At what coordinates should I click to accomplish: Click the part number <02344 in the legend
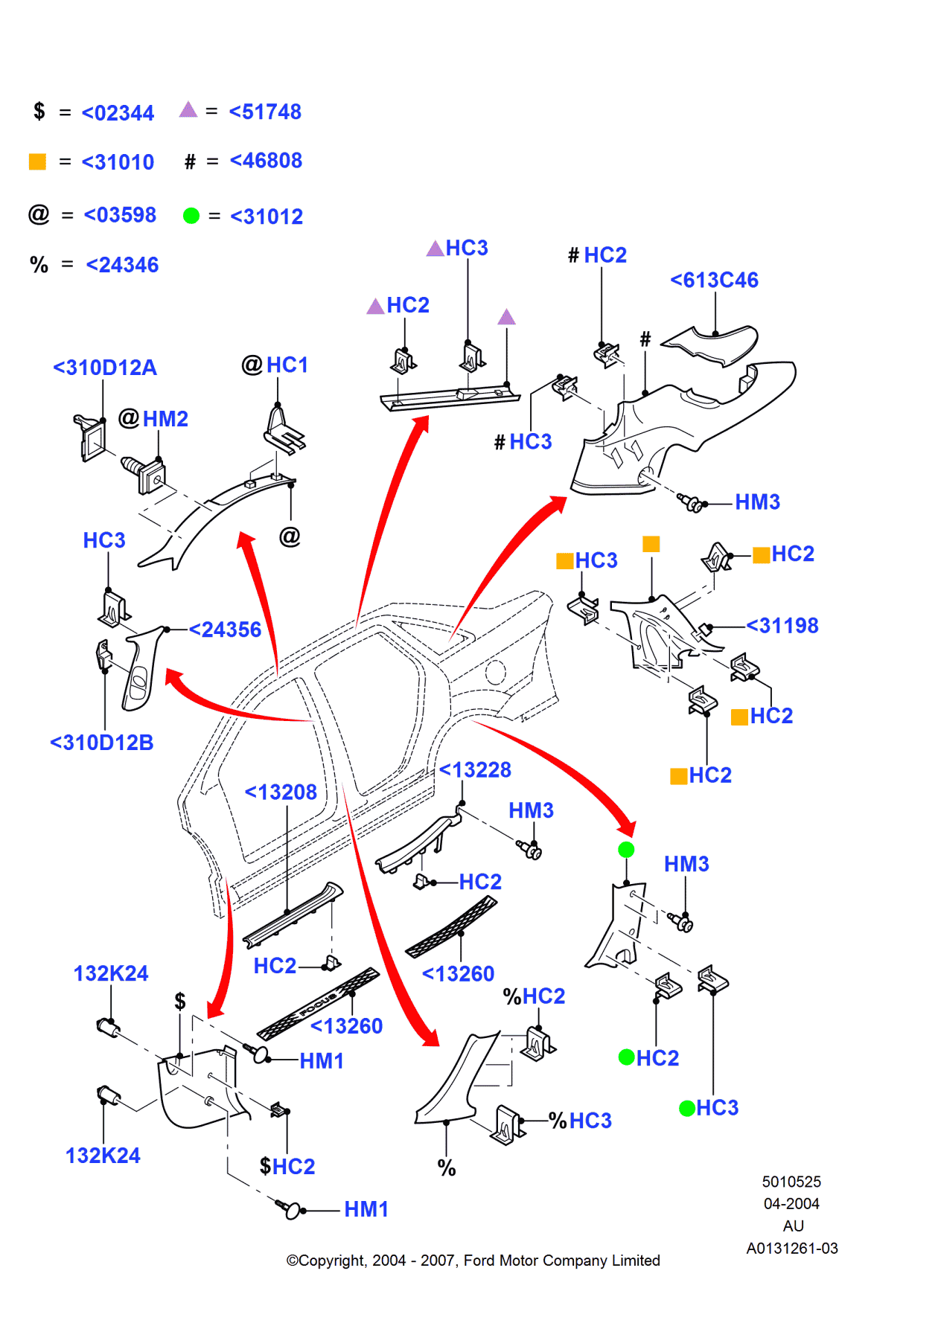coord(118,113)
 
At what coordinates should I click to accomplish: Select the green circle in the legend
coord(191,216)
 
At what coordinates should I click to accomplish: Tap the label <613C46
coord(714,281)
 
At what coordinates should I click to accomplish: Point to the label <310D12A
coord(105,368)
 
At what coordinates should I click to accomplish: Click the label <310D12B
coord(102,743)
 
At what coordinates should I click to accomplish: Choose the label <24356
coord(225,630)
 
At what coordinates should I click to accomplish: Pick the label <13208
coord(281,792)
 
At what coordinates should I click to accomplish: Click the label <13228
coord(475,770)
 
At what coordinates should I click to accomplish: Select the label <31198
coord(782,626)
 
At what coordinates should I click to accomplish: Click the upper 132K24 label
coord(111,973)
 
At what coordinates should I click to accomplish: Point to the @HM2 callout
coord(153,419)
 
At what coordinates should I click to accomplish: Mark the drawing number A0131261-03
coord(792,1249)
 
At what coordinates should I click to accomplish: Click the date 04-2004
coord(791,1204)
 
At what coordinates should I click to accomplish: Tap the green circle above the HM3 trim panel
coord(626,850)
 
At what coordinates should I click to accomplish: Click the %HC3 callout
coord(581,1121)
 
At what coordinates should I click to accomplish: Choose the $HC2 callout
coord(287,1167)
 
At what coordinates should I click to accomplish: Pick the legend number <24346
coord(122,265)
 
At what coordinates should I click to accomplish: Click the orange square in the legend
coord(37,161)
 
